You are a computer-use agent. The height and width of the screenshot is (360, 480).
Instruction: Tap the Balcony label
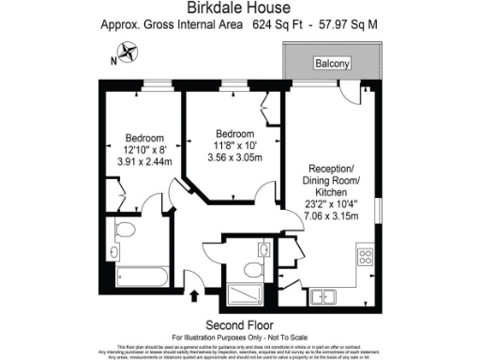[x=332, y=64]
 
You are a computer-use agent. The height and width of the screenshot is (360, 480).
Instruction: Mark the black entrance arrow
[x=194, y=297]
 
